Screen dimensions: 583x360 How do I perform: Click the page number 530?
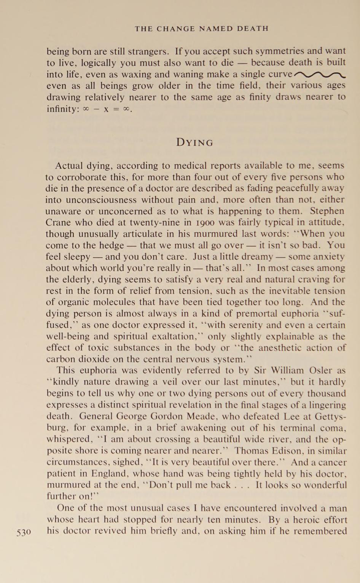(24, 532)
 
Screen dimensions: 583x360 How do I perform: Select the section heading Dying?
(195, 143)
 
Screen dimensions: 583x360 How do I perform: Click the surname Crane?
(57, 222)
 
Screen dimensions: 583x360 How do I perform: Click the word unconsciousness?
(100, 199)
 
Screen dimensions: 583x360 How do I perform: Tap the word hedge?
(112, 245)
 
